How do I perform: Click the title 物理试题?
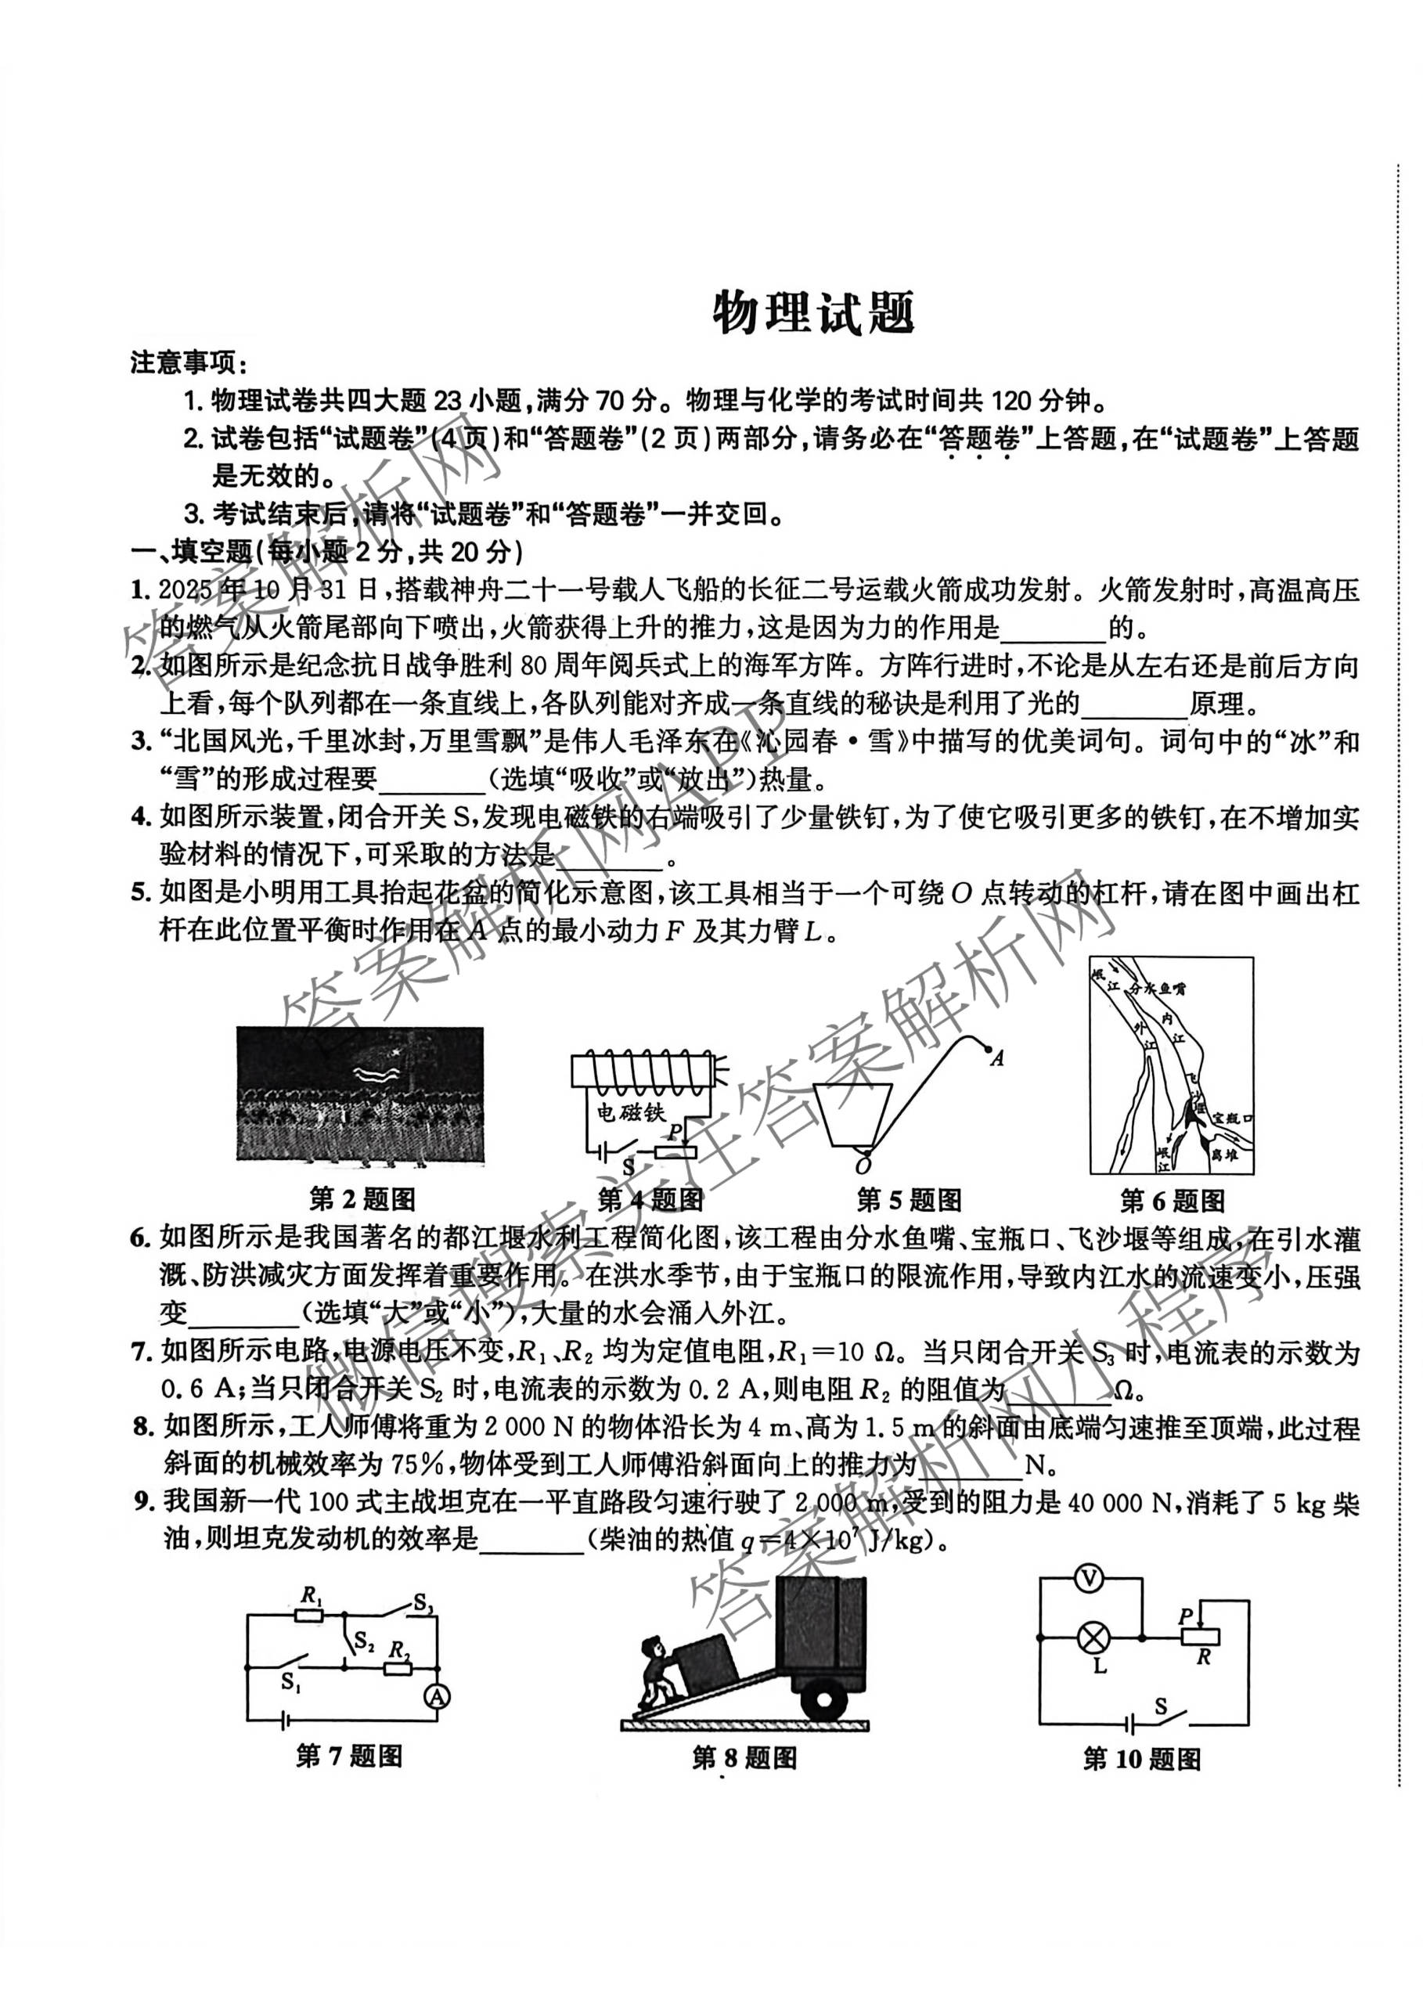pyautogui.click(x=813, y=313)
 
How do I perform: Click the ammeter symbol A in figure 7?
pyautogui.click(x=437, y=1696)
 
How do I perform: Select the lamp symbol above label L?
pyautogui.click(x=1094, y=1637)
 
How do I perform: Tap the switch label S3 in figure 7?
pyautogui.click(x=423, y=1605)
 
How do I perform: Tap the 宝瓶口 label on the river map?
pyautogui.click(x=1233, y=1119)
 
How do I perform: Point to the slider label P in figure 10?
pyautogui.click(x=1185, y=1615)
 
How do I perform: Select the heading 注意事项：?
pyautogui.click(x=189, y=362)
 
